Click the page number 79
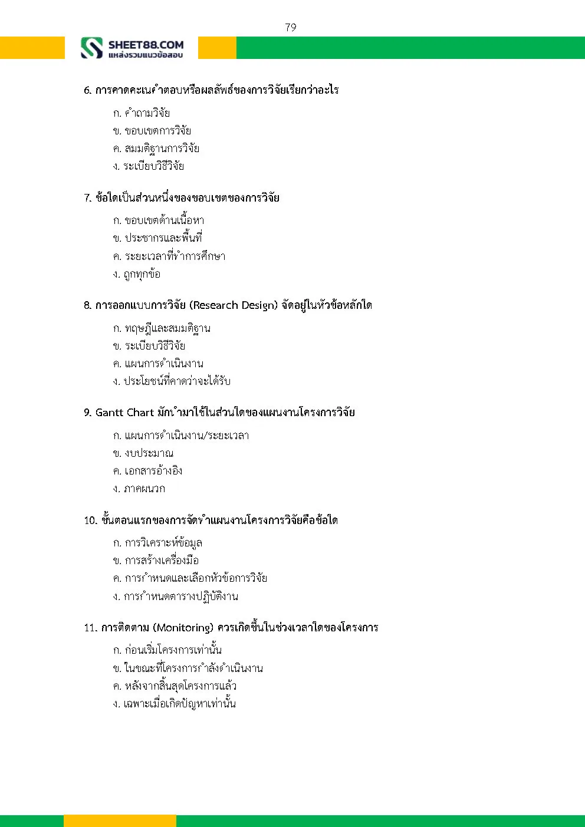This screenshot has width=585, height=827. pos(290,27)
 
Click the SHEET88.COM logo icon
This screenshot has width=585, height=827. pos(91,48)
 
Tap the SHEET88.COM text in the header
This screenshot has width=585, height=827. pos(146,45)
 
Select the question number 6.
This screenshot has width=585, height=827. pos(87,90)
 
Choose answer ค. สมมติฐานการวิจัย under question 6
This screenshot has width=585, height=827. pos(156,149)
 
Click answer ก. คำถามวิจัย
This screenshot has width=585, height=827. pos(142,113)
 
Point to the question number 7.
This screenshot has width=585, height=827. pos(87,198)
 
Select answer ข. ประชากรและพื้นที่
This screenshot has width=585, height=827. pos(157,238)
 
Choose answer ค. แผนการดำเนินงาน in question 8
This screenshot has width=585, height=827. pos(158,364)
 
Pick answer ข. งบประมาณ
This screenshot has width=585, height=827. pos(143,453)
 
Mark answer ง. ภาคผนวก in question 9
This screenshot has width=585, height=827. pos(139,489)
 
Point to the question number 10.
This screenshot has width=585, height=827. pos(90,520)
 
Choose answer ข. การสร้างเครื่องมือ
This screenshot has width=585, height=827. pos(156,561)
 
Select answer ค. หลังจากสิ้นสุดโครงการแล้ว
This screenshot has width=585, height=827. pos(175,686)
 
